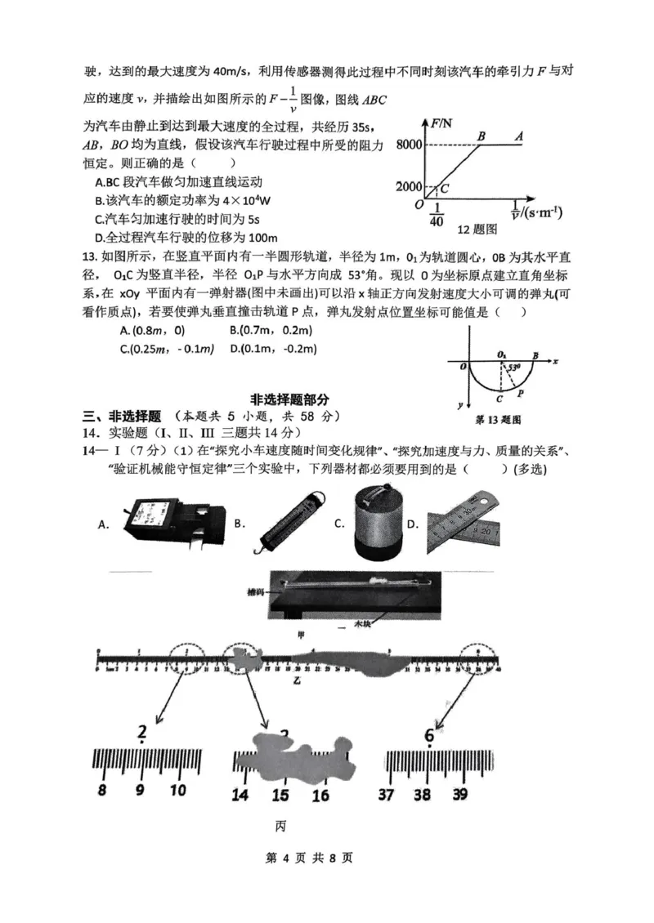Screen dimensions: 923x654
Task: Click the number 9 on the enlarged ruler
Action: pyautogui.click(x=140, y=790)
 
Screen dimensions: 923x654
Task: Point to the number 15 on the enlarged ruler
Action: pyautogui.click(x=280, y=795)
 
